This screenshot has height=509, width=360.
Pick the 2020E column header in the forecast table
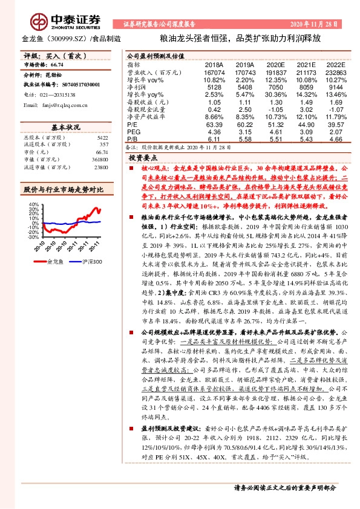click(275, 64)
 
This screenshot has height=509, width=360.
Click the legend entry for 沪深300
click(92, 262)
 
